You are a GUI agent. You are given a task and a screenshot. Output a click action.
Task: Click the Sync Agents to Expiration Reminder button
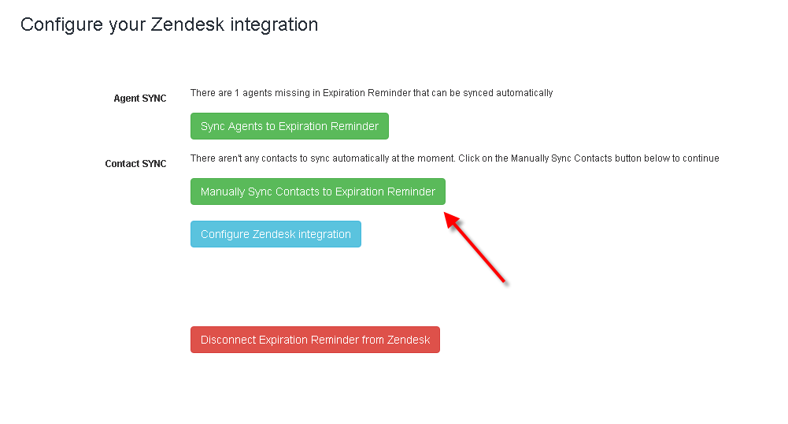[290, 126]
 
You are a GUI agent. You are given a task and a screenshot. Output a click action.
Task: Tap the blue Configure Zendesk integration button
[276, 234]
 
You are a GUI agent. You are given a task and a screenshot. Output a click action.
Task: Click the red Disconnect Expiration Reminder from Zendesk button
[315, 340]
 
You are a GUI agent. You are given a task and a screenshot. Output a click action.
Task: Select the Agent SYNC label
[139, 98]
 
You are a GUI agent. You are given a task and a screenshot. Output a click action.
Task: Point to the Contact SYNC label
[135, 163]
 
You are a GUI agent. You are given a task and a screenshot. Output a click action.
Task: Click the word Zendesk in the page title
[187, 24]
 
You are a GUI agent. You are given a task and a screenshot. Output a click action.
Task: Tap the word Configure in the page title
[62, 25]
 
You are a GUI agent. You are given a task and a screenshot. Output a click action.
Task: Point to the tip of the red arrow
[444, 214]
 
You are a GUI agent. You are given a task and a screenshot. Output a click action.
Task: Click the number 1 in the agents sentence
[237, 93]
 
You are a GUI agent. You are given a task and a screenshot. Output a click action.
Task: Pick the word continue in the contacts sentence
[701, 158]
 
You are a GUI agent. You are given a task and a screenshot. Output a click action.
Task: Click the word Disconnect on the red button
[228, 340]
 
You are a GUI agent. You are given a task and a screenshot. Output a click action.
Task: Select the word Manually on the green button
[223, 192]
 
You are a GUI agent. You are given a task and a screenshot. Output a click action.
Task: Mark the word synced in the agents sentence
[478, 93]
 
